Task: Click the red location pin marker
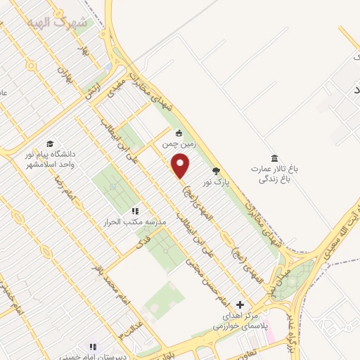point(181,166)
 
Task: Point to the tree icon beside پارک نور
point(216,171)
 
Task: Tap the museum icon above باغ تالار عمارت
point(274,157)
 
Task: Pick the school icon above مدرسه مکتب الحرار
point(135,210)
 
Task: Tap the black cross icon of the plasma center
point(240,304)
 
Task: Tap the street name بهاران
point(65,68)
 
